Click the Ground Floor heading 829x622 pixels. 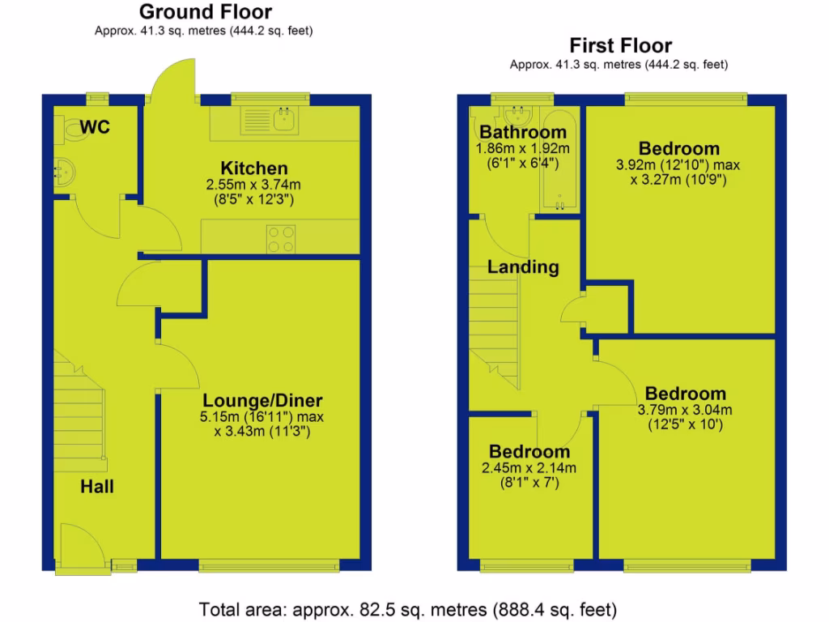click(x=205, y=12)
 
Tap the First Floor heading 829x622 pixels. click(x=620, y=45)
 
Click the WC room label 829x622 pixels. click(x=95, y=127)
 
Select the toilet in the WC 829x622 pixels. click(x=68, y=129)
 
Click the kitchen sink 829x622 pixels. click(x=284, y=121)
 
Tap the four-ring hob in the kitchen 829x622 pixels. click(x=281, y=238)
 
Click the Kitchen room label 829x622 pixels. click(x=254, y=168)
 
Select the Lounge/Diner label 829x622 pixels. click(x=262, y=400)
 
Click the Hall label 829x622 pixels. click(x=96, y=487)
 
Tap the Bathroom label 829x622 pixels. click(x=522, y=132)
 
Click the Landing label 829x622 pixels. click(x=522, y=266)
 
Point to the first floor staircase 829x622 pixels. click(x=493, y=328)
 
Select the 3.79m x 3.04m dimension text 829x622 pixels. click(x=684, y=409)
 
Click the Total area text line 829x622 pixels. click(x=409, y=608)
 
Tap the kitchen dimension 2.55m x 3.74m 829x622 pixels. click(x=254, y=185)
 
